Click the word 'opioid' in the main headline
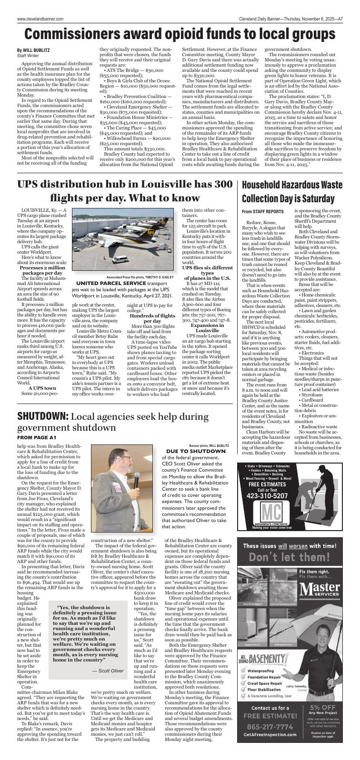(x=182, y=35)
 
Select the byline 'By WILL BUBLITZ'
(x=33, y=50)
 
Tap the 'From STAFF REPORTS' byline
(x=262, y=211)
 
